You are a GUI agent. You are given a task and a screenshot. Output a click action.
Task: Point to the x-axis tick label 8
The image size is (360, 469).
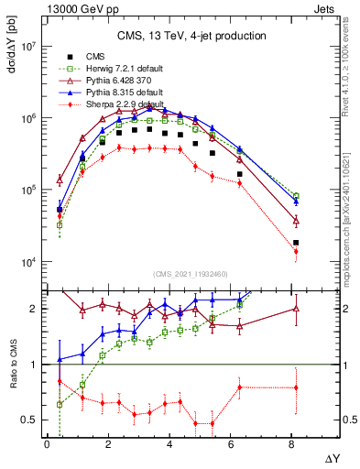[x=291, y=444]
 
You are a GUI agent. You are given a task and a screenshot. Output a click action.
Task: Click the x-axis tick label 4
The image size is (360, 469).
[x=169, y=444]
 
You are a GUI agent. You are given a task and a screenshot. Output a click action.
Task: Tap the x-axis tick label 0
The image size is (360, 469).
[x=47, y=444]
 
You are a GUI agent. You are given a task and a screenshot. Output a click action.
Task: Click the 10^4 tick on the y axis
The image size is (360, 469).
[x=26, y=262]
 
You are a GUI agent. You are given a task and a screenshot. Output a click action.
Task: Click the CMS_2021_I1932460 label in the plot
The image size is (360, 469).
[x=179, y=275]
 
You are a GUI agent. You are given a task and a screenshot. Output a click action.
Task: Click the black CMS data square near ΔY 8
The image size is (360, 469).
[x=296, y=243]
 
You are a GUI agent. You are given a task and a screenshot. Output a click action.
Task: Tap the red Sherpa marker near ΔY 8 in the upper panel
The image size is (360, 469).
[x=296, y=251]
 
